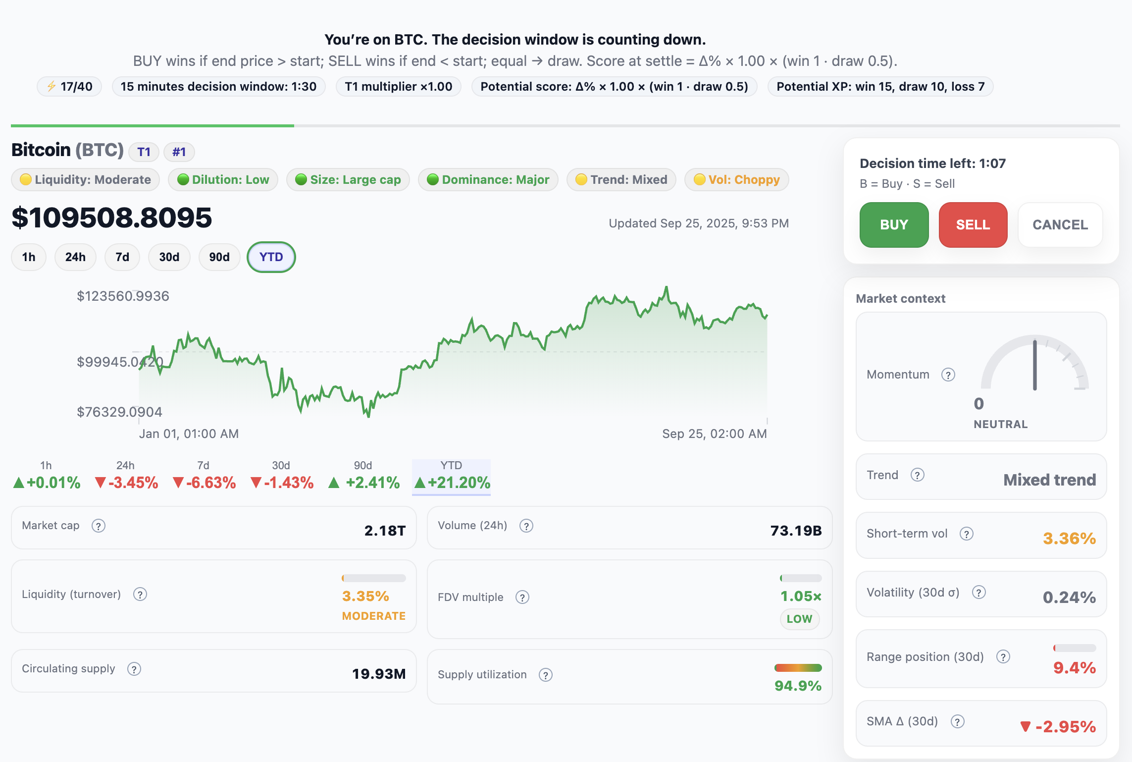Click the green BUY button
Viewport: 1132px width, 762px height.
point(894,225)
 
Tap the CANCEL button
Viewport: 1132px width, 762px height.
point(1060,225)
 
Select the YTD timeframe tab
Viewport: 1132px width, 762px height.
point(271,257)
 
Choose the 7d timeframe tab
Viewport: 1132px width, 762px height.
point(122,257)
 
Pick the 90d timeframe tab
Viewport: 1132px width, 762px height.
point(219,257)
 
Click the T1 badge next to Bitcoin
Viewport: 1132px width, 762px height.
point(144,152)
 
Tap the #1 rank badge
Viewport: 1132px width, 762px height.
point(179,152)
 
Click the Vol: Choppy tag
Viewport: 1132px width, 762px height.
point(736,179)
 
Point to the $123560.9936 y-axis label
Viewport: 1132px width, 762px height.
point(123,296)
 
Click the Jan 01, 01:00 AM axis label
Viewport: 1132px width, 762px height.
point(189,434)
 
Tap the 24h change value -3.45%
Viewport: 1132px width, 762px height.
point(127,483)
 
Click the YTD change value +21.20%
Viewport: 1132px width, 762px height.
point(453,483)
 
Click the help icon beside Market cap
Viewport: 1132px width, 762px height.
point(99,526)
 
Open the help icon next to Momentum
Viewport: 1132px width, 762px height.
point(948,375)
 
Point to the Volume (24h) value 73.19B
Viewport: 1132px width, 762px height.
point(796,531)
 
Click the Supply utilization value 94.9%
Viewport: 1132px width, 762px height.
point(798,686)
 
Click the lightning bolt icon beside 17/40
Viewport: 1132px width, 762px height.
point(51,87)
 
